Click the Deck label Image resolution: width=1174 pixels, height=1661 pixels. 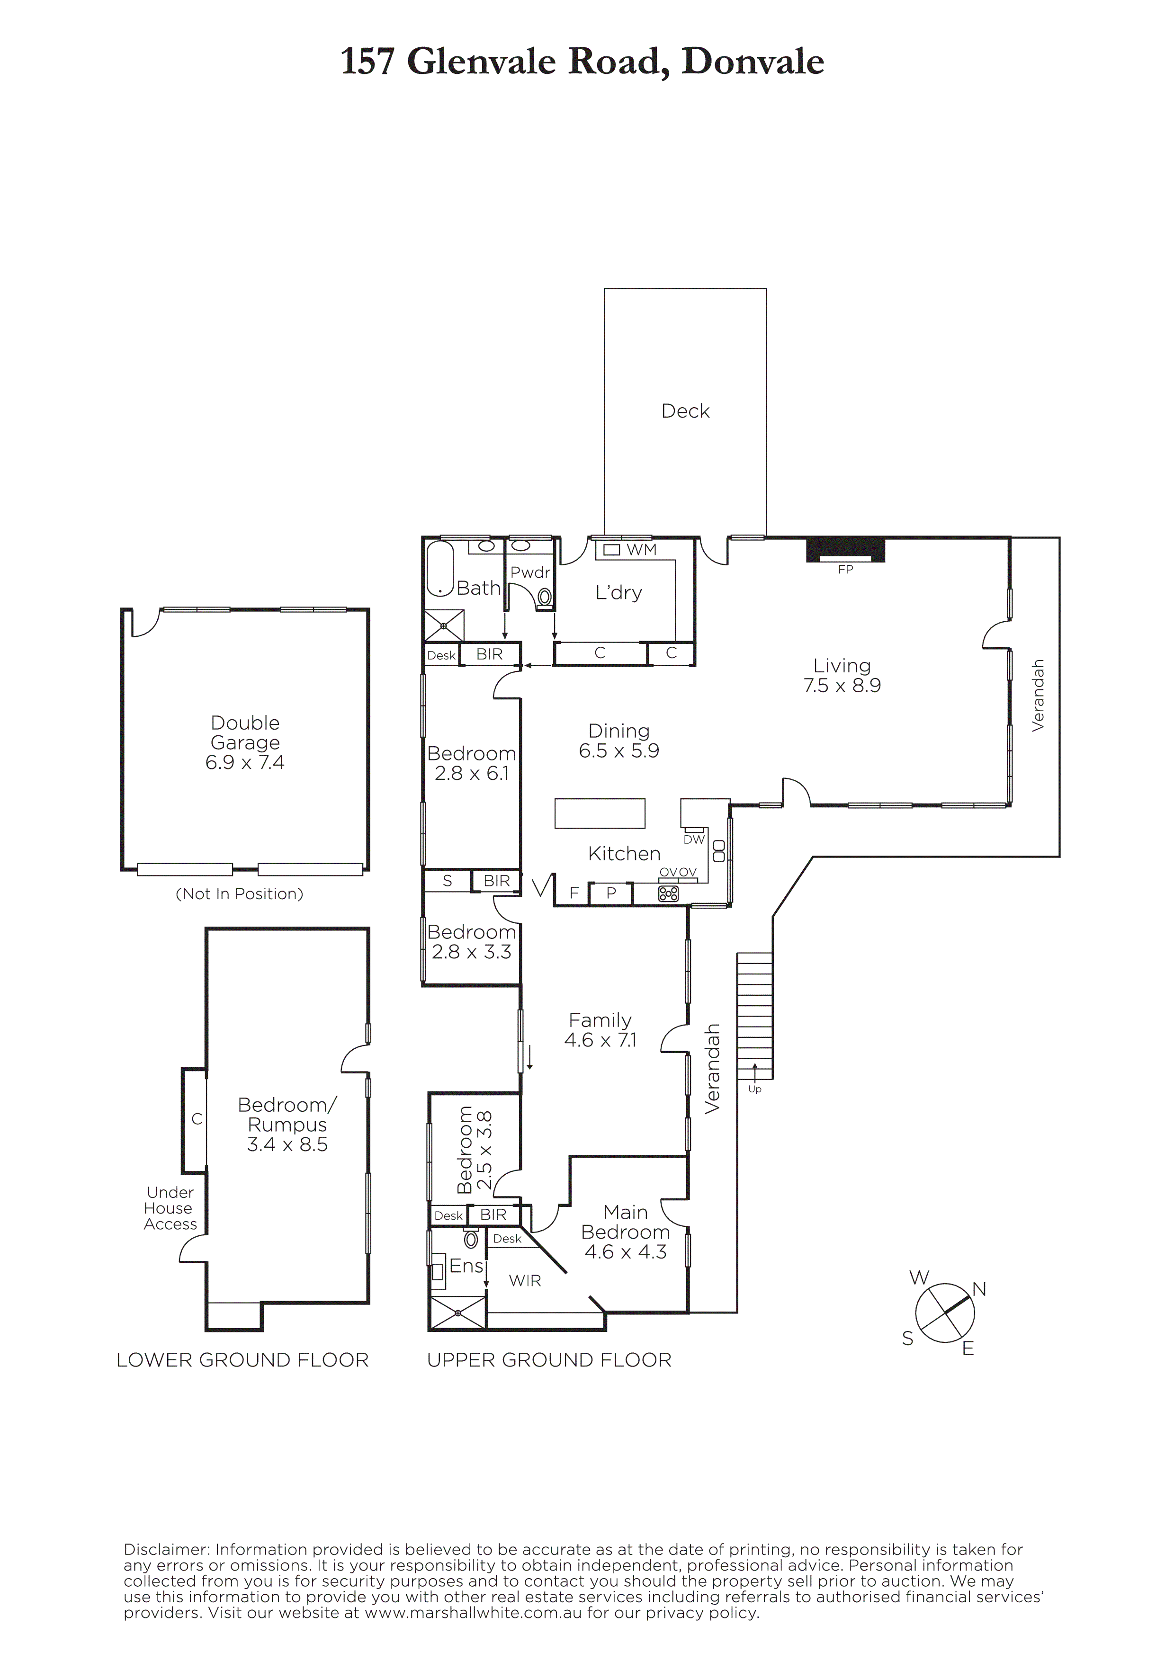[x=685, y=411]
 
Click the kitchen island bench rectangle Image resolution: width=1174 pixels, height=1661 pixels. [x=600, y=813]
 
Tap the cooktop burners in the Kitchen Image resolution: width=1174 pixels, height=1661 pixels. [x=668, y=894]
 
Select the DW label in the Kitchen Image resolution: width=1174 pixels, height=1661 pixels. [x=694, y=839]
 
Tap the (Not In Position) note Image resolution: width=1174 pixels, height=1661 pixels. [x=240, y=893]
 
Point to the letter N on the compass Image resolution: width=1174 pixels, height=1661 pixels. [x=979, y=1289]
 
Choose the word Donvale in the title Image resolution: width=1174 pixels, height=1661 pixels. [x=753, y=62]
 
